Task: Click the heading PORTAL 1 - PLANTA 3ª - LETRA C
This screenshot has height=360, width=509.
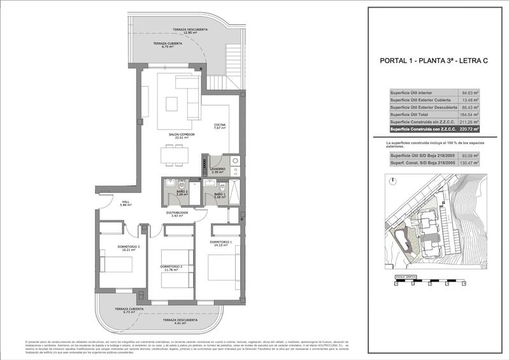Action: click(x=433, y=61)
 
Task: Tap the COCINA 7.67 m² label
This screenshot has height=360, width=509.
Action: click(x=220, y=126)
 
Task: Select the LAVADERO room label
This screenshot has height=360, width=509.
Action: click(x=219, y=170)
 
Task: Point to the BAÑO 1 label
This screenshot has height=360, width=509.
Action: click(x=220, y=196)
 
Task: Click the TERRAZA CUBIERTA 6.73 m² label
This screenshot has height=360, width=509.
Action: click(x=129, y=310)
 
